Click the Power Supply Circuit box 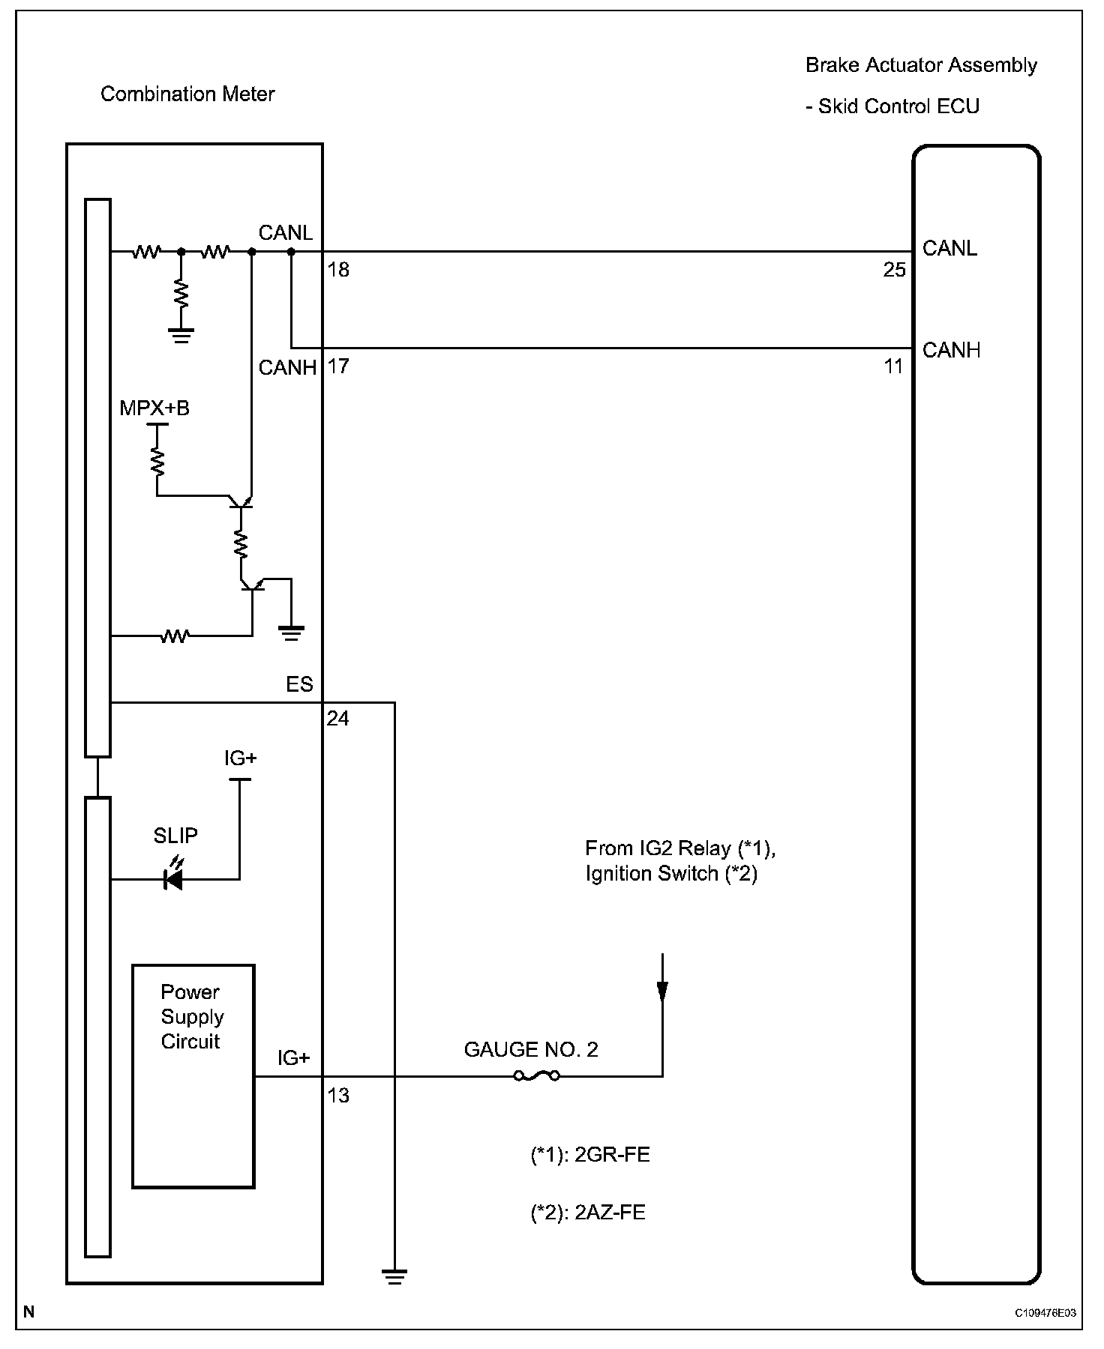pyautogui.click(x=193, y=1075)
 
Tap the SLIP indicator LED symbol pyautogui.click(x=174, y=880)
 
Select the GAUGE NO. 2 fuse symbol pyautogui.click(x=536, y=1076)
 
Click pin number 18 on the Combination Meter pyautogui.click(x=339, y=270)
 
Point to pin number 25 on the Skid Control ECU pyautogui.click(x=894, y=270)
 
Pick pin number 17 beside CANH pyautogui.click(x=339, y=366)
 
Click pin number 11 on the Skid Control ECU pyautogui.click(x=893, y=366)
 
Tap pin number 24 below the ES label pyautogui.click(x=337, y=719)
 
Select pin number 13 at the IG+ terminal pyautogui.click(x=338, y=1095)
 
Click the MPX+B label pyautogui.click(x=154, y=408)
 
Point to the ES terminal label pyautogui.click(x=299, y=685)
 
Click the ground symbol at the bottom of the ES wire pyautogui.click(x=394, y=1276)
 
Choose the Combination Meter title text pyautogui.click(x=187, y=94)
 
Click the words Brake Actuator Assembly pyautogui.click(x=921, y=65)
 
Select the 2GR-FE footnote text pyautogui.click(x=589, y=1155)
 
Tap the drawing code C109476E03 pyautogui.click(x=1045, y=1313)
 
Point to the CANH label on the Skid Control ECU pyautogui.click(x=951, y=350)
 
